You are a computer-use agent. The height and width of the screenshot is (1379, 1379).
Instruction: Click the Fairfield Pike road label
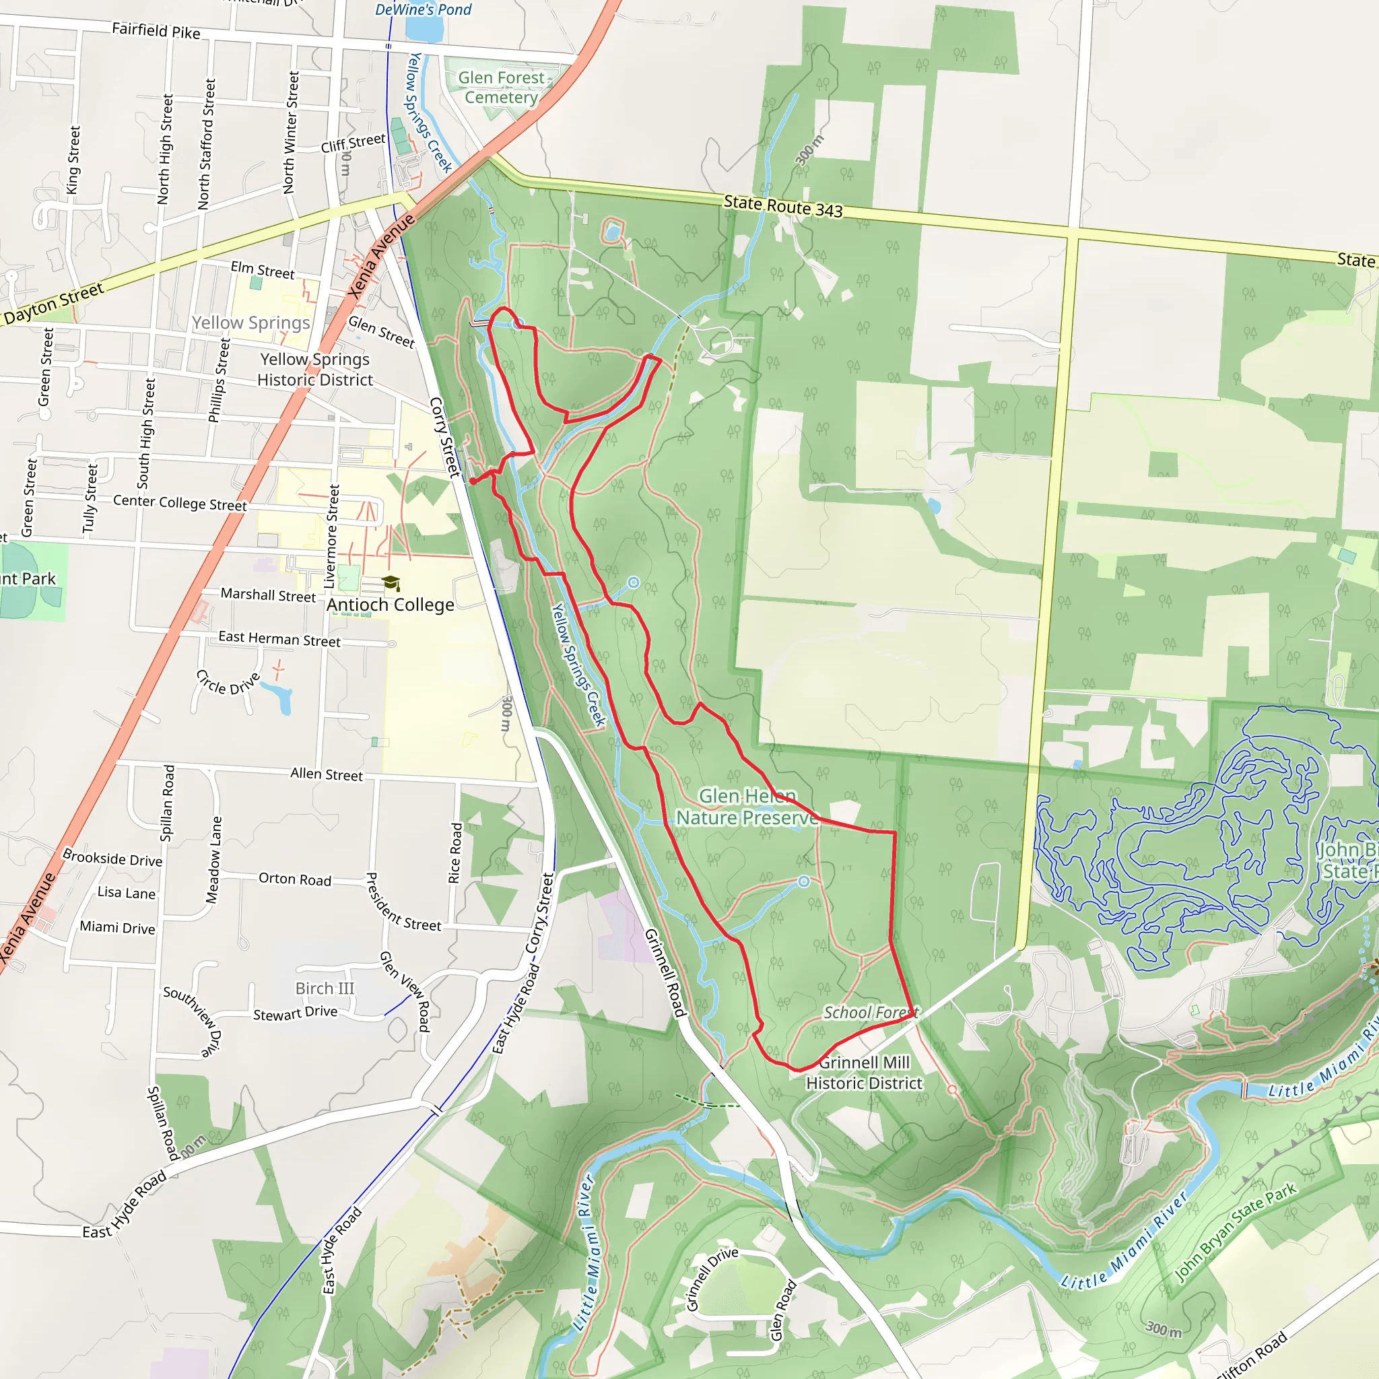[156, 31]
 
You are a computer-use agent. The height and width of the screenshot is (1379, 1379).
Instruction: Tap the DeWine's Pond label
[424, 9]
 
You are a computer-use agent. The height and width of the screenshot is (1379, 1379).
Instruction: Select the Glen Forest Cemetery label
[501, 87]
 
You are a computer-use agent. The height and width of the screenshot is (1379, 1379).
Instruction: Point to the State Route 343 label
[783, 206]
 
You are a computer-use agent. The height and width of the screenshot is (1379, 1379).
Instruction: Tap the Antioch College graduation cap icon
[391, 583]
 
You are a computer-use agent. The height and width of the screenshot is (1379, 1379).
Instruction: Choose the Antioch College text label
[391, 605]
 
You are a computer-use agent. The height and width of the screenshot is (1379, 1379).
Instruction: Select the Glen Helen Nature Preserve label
[747, 807]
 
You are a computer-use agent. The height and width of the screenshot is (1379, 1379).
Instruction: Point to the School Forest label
[870, 1012]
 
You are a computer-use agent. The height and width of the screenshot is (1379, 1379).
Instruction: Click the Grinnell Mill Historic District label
[864, 1073]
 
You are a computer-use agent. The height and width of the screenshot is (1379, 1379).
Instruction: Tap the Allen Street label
[326, 774]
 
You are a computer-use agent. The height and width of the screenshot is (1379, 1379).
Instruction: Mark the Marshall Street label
[268, 595]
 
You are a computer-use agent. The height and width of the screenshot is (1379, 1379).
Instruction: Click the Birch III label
[325, 988]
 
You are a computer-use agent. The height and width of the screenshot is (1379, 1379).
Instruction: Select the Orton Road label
[295, 879]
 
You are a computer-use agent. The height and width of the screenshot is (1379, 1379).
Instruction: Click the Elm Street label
[262, 270]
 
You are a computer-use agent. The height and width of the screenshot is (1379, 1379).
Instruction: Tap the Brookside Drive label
[112, 858]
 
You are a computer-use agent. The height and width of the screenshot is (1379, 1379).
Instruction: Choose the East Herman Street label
[279, 638]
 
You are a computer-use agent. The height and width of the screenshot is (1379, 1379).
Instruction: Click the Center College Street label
[180, 502]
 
